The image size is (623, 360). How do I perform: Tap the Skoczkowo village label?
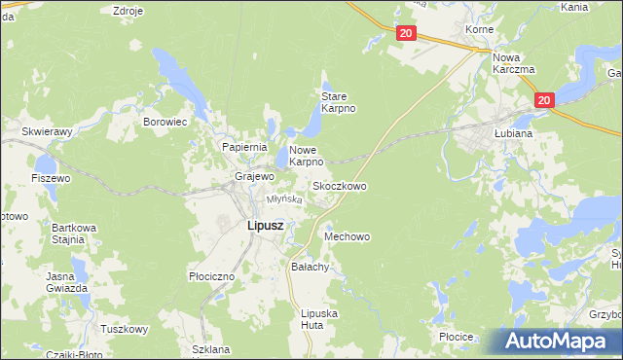point(339,185)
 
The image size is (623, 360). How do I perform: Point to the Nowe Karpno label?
point(306,156)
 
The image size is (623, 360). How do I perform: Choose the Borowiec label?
point(165,123)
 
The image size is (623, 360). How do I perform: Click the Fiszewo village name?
point(51,179)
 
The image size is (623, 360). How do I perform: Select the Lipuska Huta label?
point(319,319)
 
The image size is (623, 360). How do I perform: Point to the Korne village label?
point(478,30)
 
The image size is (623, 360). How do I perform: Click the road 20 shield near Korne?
point(407,33)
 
